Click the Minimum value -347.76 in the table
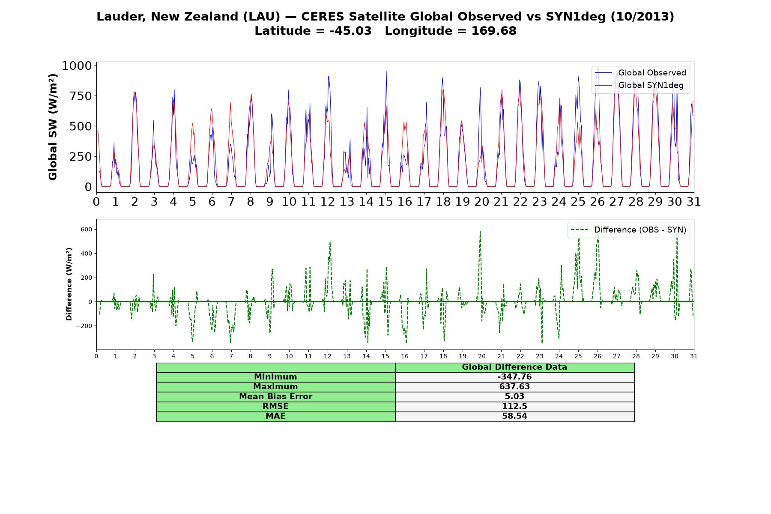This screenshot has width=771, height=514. coord(514,377)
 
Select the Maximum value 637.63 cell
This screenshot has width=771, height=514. coord(514,387)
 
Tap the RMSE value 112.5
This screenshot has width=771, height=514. coord(514,406)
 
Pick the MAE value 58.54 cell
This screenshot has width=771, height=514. coord(514,416)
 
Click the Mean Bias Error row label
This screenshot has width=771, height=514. coord(275,397)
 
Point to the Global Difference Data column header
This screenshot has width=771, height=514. coord(514,367)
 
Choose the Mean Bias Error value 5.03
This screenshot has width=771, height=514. coord(514,397)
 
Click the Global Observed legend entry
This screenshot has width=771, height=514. coord(641,73)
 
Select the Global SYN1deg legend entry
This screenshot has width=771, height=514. coord(640,85)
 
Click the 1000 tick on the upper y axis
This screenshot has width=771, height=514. coord(77,66)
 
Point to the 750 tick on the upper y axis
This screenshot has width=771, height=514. coord(81,96)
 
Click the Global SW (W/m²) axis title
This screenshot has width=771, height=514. coord(53,127)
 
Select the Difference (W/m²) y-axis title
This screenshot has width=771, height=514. coord(69,284)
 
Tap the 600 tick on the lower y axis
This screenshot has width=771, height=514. coord(87,230)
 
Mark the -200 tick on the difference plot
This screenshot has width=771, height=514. coord(84,326)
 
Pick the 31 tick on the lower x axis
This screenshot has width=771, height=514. coord(694,356)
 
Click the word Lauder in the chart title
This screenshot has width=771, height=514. coord(122,17)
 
